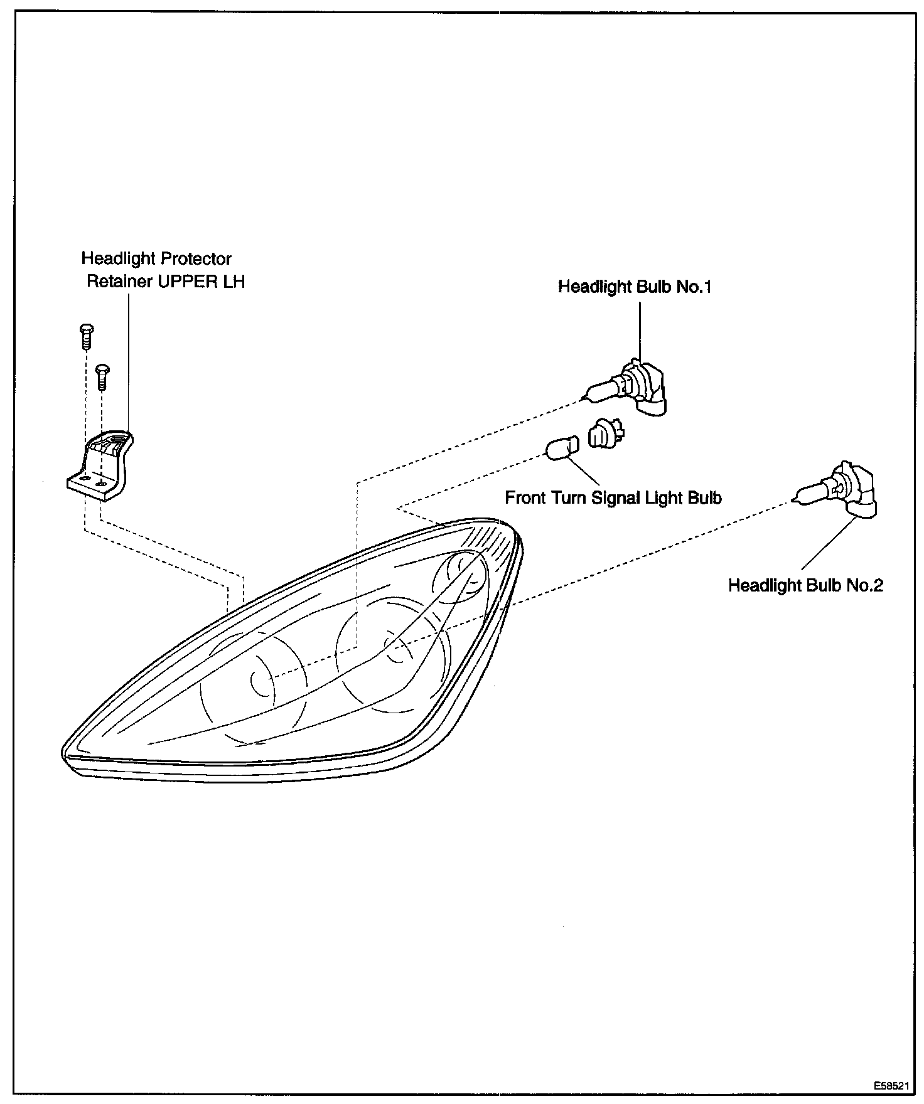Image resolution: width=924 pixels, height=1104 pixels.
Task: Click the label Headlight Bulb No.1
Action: [635, 287]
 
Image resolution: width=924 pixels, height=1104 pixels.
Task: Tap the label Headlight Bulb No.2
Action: [805, 586]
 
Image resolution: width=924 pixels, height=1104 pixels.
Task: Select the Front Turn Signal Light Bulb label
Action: [613, 498]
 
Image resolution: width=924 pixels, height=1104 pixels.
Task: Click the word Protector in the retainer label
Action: [196, 259]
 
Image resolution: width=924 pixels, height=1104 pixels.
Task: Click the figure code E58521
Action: [890, 1085]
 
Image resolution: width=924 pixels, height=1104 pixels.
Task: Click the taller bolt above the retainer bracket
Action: [87, 336]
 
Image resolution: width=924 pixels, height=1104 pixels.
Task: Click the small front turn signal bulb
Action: [561, 449]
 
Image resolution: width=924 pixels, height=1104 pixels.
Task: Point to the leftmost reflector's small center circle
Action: [262, 682]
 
